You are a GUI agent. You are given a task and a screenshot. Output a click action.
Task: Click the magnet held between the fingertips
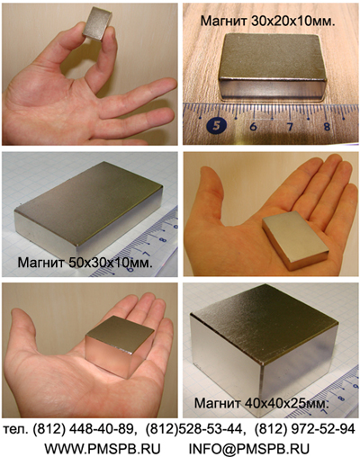click(97, 23)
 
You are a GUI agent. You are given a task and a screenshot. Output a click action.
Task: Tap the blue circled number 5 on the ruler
click(216, 125)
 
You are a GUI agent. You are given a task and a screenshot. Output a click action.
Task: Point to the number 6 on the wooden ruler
click(253, 126)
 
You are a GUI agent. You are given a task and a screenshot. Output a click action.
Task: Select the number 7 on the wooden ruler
click(290, 126)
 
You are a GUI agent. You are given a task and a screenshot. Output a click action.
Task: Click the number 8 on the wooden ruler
click(327, 126)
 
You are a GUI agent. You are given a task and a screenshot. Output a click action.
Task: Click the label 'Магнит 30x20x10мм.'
click(267, 21)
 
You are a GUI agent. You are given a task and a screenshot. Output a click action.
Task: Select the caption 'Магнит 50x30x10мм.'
click(85, 263)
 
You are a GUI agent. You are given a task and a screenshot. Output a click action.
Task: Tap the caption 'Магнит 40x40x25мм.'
click(262, 403)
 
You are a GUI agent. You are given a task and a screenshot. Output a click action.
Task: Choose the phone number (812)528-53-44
click(193, 430)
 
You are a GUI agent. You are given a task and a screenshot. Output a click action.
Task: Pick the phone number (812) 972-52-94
click(305, 430)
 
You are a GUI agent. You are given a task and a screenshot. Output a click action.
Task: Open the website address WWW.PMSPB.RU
click(103, 449)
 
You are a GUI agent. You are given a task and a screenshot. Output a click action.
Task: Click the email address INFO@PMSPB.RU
click(249, 449)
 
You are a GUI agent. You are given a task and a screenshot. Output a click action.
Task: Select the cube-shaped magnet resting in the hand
click(120, 346)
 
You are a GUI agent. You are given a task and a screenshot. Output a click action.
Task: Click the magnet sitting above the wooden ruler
click(272, 67)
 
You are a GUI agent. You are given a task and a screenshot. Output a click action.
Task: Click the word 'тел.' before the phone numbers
click(16, 430)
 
